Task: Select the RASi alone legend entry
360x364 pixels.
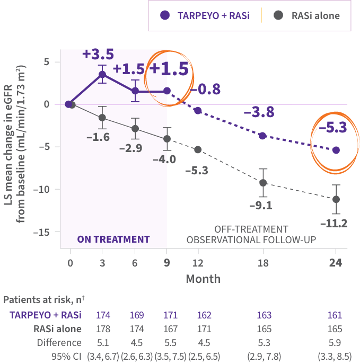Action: pos(308,15)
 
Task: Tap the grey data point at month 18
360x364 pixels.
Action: pos(262,182)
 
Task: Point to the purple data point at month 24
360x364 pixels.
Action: pos(336,150)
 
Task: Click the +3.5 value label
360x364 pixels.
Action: pos(98,54)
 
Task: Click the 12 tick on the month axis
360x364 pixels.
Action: pos(198,263)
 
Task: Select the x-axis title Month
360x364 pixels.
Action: pos(203,278)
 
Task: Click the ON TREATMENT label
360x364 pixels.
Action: pos(113,239)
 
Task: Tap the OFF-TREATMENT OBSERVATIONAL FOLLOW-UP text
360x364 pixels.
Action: pos(251,234)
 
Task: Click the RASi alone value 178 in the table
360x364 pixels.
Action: pos(103,329)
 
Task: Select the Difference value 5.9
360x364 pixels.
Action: pos(335,342)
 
